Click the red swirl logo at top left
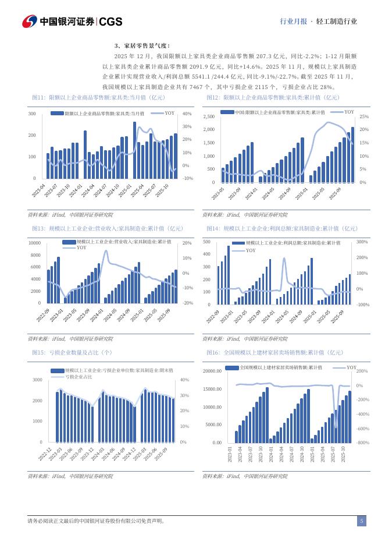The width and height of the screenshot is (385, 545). pos(30,21)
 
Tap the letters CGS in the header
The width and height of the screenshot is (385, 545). pos(110,22)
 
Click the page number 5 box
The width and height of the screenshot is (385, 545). pos(361,521)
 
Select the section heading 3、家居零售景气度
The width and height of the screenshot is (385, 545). pos(141,45)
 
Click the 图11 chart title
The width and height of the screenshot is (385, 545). pos(90,97)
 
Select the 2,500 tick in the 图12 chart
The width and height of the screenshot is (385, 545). pos(209,117)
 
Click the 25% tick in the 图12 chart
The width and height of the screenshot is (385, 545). pos(363,117)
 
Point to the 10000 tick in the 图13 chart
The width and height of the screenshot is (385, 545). pos(34,243)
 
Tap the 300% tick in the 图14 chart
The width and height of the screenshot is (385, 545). pos(362,241)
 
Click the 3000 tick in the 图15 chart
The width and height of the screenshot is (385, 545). pos(37,380)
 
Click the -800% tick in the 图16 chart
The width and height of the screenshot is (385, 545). pos(363,443)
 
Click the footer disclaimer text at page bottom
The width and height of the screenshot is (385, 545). pos(96,521)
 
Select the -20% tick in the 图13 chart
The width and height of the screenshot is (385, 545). pos(187,303)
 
